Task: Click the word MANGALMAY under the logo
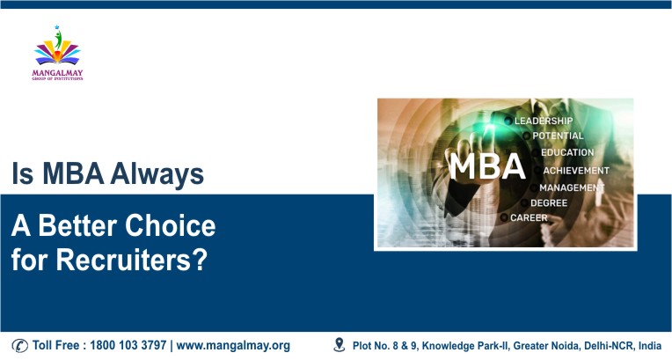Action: click(x=56, y=73)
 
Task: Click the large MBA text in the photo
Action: click(x=486, y=168)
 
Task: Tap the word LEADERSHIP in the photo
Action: click(x=543, y=121)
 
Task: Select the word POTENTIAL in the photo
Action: click(x=557, y=136)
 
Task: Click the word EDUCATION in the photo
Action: click(x=566, y=153)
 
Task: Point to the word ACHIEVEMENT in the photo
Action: click(x=575, y=171)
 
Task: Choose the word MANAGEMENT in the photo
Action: click(x=571, y=187)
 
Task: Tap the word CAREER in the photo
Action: click(x=530, y=217)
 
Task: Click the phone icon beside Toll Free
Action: click(x=20, y=345)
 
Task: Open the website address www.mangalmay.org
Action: click(x=233, y=345)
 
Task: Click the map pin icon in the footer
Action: click(x=340, y=344)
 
